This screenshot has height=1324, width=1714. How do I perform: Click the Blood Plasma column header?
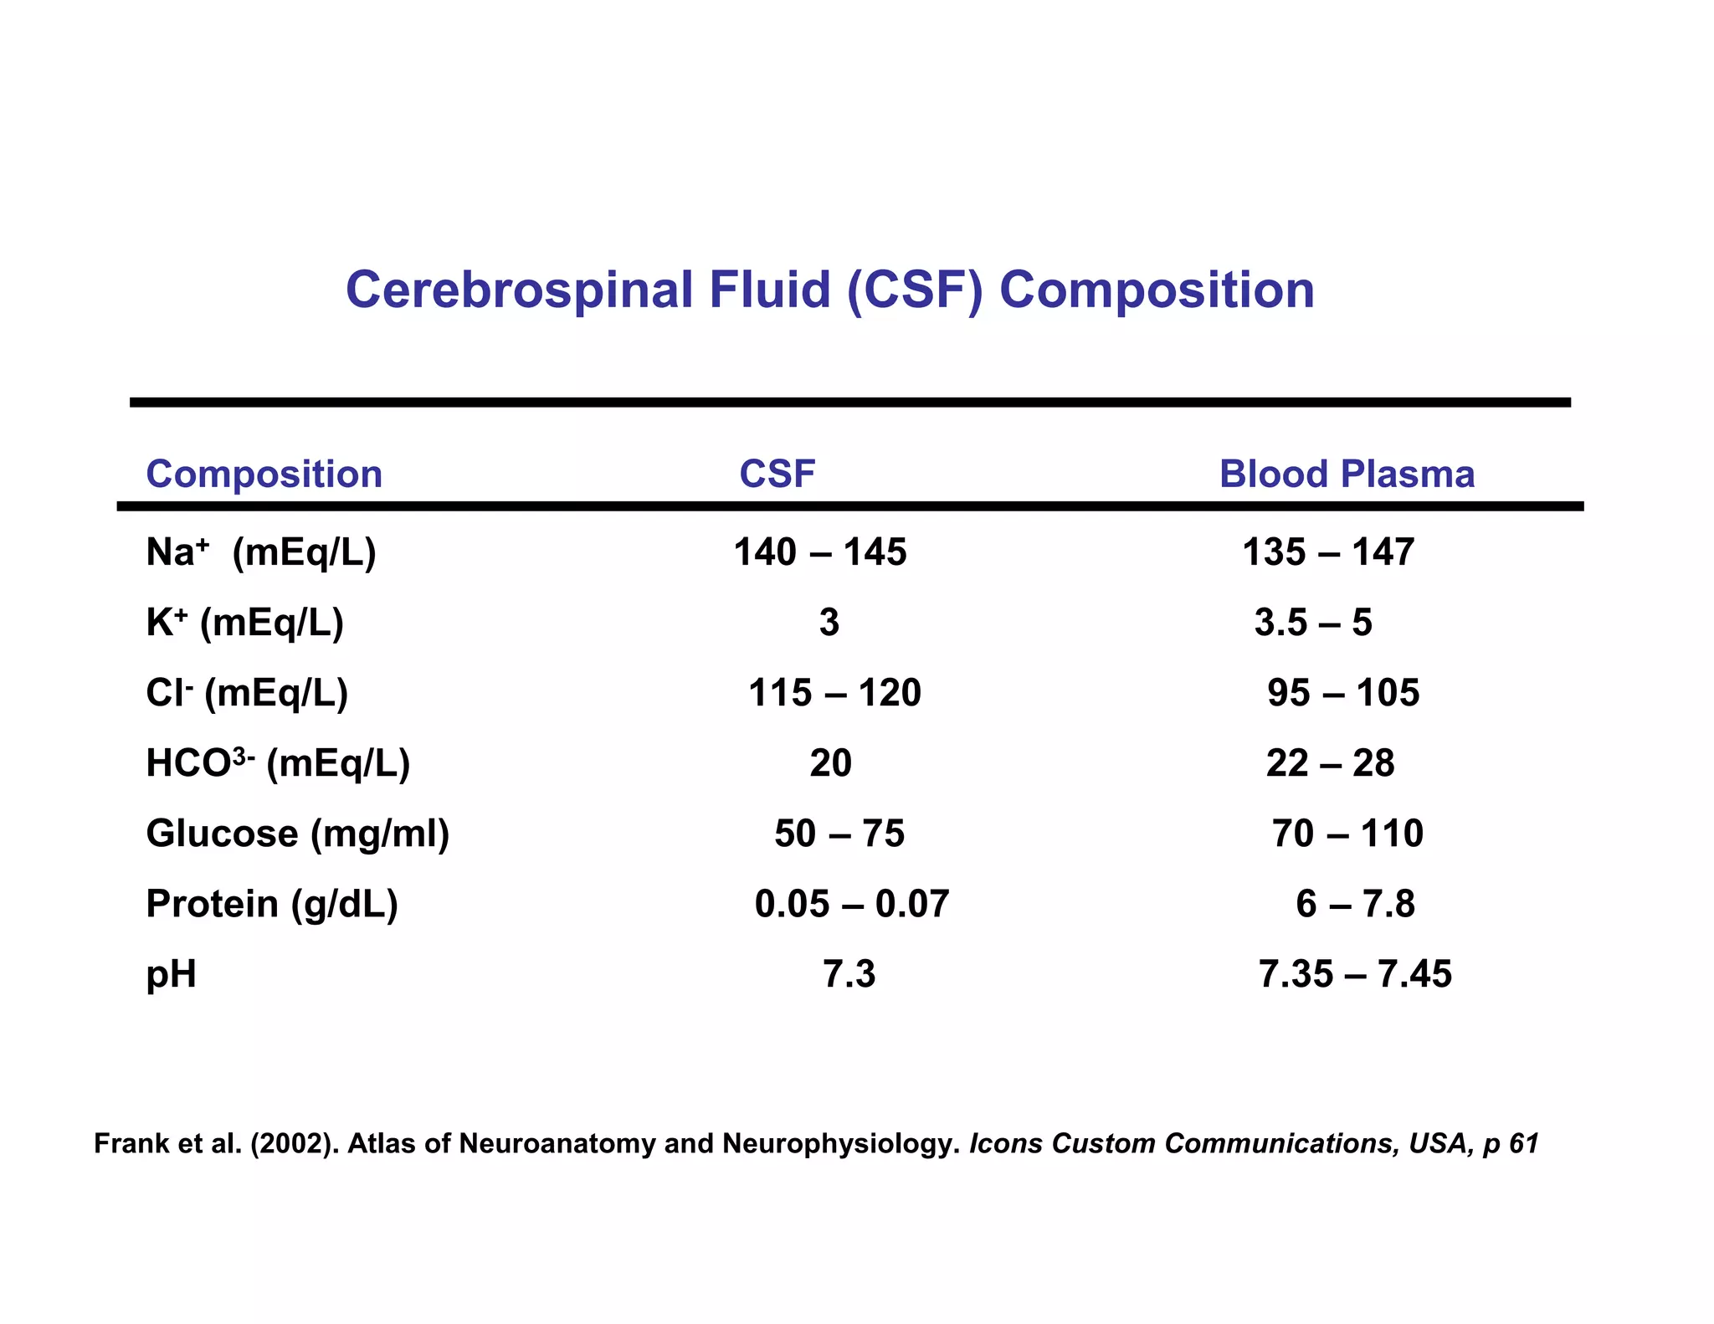coord(1346,474)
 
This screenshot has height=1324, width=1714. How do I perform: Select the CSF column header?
coord(777,474)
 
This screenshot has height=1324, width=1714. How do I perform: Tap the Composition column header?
coord(264,475)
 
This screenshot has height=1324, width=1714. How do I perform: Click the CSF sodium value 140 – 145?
coord(820,552)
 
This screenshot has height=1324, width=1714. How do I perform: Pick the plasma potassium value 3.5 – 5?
coord(1312,623)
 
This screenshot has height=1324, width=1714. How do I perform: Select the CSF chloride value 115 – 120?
coord(834,693)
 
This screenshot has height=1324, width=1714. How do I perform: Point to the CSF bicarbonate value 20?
coord(830,763)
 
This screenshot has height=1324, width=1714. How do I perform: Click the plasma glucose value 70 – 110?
coord(1347,834)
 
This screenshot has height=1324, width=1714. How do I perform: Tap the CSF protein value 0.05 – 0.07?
coord(851,904)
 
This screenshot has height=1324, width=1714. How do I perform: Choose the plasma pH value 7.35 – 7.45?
coord(1355,974)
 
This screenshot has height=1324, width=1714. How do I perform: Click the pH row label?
coord(171,975)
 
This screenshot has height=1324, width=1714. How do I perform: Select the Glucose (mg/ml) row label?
coord(297,834)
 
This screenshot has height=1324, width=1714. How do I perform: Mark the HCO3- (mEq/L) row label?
coord(277,763)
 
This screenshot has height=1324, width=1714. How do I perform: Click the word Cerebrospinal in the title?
coord(519,290)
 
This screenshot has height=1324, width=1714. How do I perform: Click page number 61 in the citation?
coord(1523,1143)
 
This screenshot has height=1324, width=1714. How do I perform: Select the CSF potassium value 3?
coord(829,623)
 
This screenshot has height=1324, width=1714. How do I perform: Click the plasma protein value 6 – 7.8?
coord(1355,904)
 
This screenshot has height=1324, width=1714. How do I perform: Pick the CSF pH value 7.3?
coord(849,974)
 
